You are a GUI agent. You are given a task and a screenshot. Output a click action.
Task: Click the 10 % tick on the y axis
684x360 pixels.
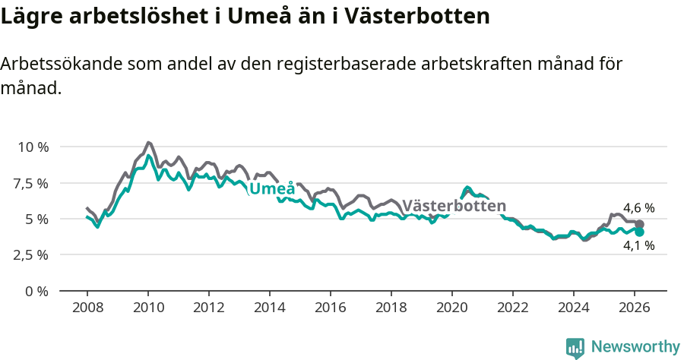[33, 147]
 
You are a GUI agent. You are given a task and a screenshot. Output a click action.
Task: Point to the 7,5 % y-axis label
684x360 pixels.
[31, 183]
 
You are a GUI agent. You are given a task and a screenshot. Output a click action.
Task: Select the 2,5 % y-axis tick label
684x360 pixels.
[31, 255]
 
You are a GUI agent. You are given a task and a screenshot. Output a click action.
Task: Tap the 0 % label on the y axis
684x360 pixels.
[37, 292]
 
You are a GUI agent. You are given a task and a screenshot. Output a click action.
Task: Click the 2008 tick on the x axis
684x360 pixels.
[87, 308]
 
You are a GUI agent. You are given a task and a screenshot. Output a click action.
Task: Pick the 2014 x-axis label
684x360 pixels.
[270, 308]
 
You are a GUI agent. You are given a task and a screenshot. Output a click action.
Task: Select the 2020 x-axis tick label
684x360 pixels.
[452, 308]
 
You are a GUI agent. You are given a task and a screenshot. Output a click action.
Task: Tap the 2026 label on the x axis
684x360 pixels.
[635, 308]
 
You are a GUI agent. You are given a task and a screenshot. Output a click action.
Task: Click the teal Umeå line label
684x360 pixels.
[272, 189]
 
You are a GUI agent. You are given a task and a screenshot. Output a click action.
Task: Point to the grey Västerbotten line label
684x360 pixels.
[454, 206]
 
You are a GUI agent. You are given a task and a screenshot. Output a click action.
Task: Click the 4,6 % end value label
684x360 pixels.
[639, 208]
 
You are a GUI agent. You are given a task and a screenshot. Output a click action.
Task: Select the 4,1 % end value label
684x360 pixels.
[639, 245]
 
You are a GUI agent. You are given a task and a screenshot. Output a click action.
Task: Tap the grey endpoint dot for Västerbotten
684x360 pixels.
[640, 224]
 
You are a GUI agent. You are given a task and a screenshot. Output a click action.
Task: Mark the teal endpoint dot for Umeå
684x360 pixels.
[640, 232]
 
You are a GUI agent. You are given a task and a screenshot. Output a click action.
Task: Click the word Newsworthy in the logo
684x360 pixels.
[635, 347]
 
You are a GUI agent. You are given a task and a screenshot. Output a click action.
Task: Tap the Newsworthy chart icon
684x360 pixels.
[575, 348]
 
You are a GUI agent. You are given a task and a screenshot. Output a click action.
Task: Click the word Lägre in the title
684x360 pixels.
[30, 17]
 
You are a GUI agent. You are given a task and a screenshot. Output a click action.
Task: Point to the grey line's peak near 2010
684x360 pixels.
[148, 142]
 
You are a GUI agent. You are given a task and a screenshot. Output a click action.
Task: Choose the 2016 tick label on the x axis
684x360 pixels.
[331, 308]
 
